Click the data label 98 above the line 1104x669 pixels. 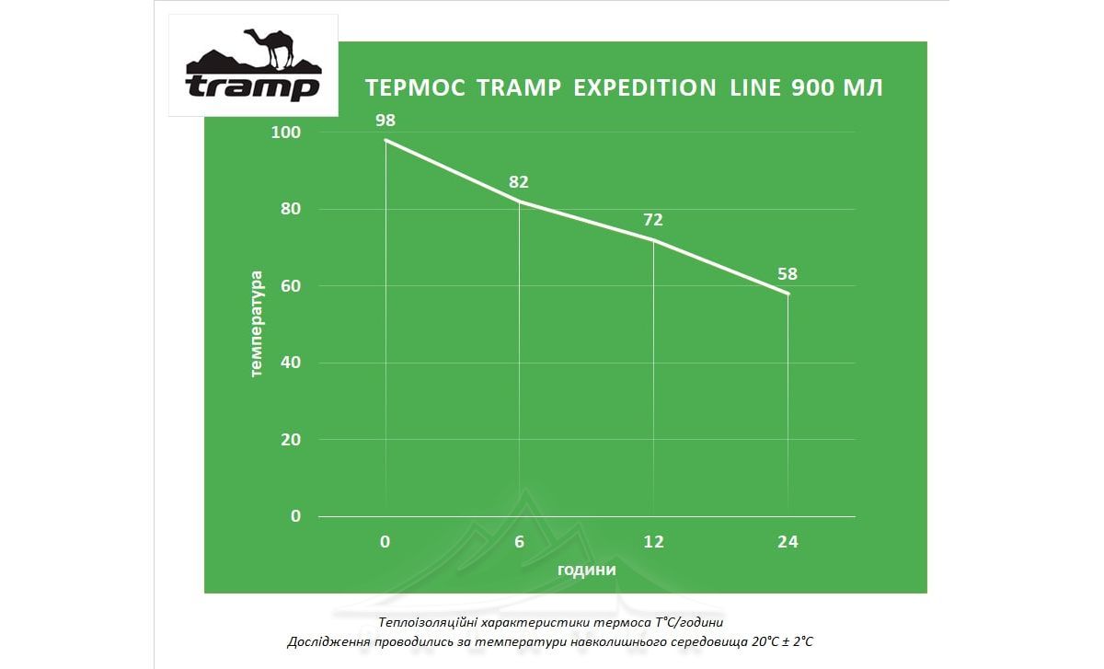coord(385,121)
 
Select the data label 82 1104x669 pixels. coord(519,181)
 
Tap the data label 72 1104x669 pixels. coord(653,220)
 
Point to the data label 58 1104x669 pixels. coord(788,273)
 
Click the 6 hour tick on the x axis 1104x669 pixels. coord(519,542)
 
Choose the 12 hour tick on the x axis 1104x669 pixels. coord(653,542)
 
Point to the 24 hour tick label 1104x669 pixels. coord(788,542)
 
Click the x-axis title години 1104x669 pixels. coord(586,570)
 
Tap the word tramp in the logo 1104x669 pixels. coord(252,87)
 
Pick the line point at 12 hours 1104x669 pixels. coord(653,239)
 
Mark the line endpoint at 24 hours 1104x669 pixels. coord(788,294)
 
